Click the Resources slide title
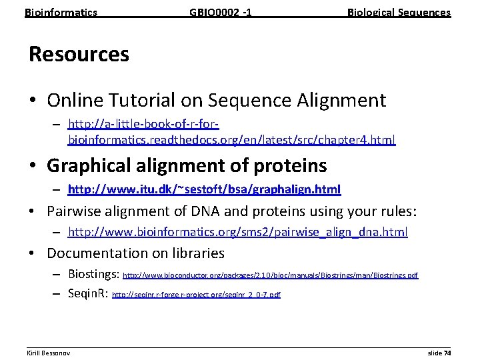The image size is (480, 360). click(x=79, y=54)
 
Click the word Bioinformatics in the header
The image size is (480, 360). click(x=61, y=13)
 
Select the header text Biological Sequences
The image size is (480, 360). click(x=399, y=13)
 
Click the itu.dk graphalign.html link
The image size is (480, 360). click(x=204, y=190)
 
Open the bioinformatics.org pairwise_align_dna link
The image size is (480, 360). click(x=238, y=232)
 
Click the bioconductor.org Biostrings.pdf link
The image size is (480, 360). click(x=271, y=275)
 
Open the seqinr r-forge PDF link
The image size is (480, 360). click(x=196, y=294)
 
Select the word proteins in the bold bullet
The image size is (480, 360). click(x=288, y=165)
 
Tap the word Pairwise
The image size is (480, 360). click(x=74, y=211)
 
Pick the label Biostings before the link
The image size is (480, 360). click(x=92, y=274)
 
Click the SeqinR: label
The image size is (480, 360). click(x=88, y=293)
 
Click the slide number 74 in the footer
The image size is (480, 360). click(x=447, y=351)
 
